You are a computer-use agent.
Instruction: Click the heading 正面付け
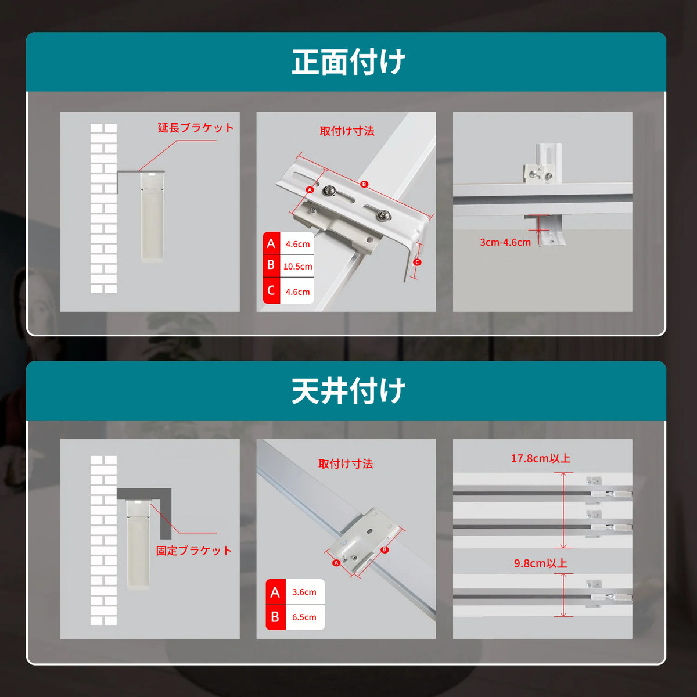tap(348, 62)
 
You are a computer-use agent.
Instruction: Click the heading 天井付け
tap(348, 391)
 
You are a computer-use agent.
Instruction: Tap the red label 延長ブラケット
tap(196, 128)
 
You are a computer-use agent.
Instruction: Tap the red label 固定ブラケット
tap(194, 551)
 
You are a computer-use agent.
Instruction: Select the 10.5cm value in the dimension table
tap(297, 267)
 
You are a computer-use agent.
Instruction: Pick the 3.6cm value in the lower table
tap(304, 592)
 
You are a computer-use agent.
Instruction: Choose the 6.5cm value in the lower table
tap(304, 617)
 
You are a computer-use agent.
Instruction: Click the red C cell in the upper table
tap(271, 291)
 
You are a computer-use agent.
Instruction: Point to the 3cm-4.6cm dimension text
tap(505, 242)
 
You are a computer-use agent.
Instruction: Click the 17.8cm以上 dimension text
tap(541, 459)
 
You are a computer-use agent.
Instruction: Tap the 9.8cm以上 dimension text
tap(541, 563)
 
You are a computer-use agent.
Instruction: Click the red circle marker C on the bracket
tap(417, 262)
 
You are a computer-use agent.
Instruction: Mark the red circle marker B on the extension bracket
tap(364, 184)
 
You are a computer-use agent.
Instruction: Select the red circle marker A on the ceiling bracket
tap(336, 563)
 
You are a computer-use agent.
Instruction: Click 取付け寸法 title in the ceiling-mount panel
tap(346, 464)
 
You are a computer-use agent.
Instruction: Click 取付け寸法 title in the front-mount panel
tap(347, 131)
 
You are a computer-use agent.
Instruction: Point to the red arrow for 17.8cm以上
tap(563, 511)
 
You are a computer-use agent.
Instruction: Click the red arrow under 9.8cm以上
tap(563, 595)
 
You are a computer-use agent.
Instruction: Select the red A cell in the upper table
tap(271, 243)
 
